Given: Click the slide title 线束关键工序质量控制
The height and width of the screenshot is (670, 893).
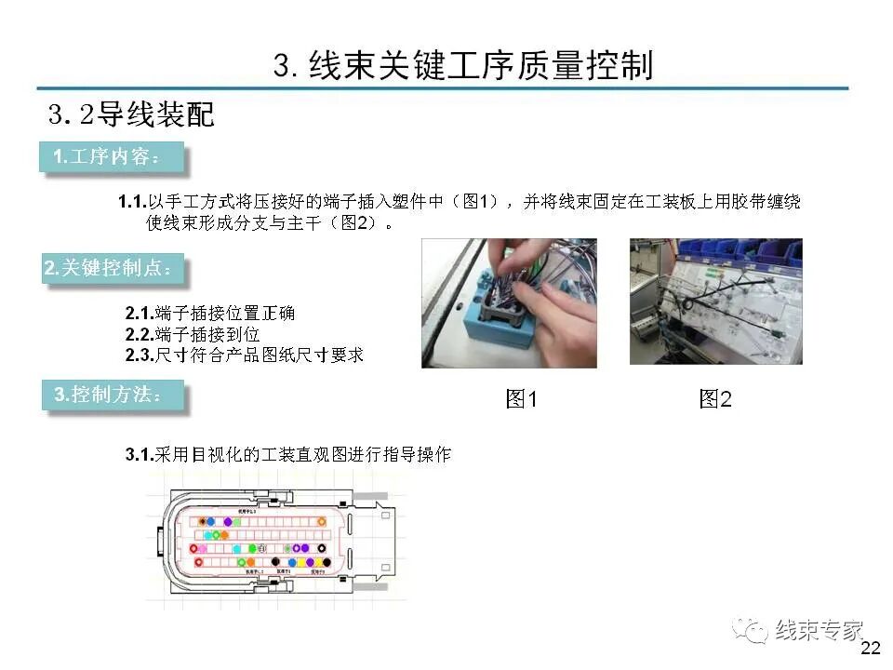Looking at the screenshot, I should pyautogui.click(x=462, y=65).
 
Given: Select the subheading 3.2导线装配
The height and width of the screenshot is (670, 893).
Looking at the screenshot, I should pyautogui.click(x=131, y=115).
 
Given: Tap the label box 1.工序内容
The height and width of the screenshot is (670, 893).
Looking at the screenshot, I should pyautogui.click(x=111, y=157).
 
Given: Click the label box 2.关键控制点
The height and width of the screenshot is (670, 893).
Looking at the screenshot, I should pyautogui.click(x=111, y=269).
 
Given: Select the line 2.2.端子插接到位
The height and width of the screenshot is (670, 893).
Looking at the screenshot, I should pyautogui.click(x=193, y=334).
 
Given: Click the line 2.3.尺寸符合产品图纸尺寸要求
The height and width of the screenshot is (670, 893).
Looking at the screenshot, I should pyautogui.click(x=244, y=355).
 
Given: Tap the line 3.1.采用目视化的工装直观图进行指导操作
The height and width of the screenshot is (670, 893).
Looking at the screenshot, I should pyautogui.click(x=287, y=455).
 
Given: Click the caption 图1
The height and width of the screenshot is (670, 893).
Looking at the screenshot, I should pyautogui.click(x=521, y=400).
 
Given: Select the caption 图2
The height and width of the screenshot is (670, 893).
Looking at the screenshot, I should pyautogui.click(x=715, y=400).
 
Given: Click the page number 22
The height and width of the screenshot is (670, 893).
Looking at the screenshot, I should pyautogui.click(x=870, y=649).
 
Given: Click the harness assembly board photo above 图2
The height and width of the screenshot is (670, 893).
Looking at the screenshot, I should pyautogui.click(x=715, y=301).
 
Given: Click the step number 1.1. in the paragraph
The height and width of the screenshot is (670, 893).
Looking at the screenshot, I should pyautogui.click(x=133, y=202).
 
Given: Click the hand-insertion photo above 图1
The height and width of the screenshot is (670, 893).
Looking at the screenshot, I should pyautogui.click(x=509, y=302).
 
